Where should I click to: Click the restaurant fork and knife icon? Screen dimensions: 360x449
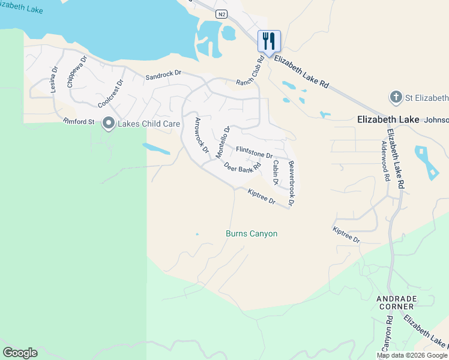269,41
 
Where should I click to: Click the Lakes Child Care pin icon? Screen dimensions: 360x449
109,124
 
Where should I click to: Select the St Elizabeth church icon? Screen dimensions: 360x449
396,97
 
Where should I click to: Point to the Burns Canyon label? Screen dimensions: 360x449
252,233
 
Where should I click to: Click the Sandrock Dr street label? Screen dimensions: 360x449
163,74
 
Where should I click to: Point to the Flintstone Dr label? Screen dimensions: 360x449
255,152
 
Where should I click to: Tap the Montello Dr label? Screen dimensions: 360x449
223,142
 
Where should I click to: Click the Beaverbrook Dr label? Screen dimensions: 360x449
291,183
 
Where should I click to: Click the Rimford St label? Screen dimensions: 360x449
79,122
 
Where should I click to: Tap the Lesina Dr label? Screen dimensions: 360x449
53,79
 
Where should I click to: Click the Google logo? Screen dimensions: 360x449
20,353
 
